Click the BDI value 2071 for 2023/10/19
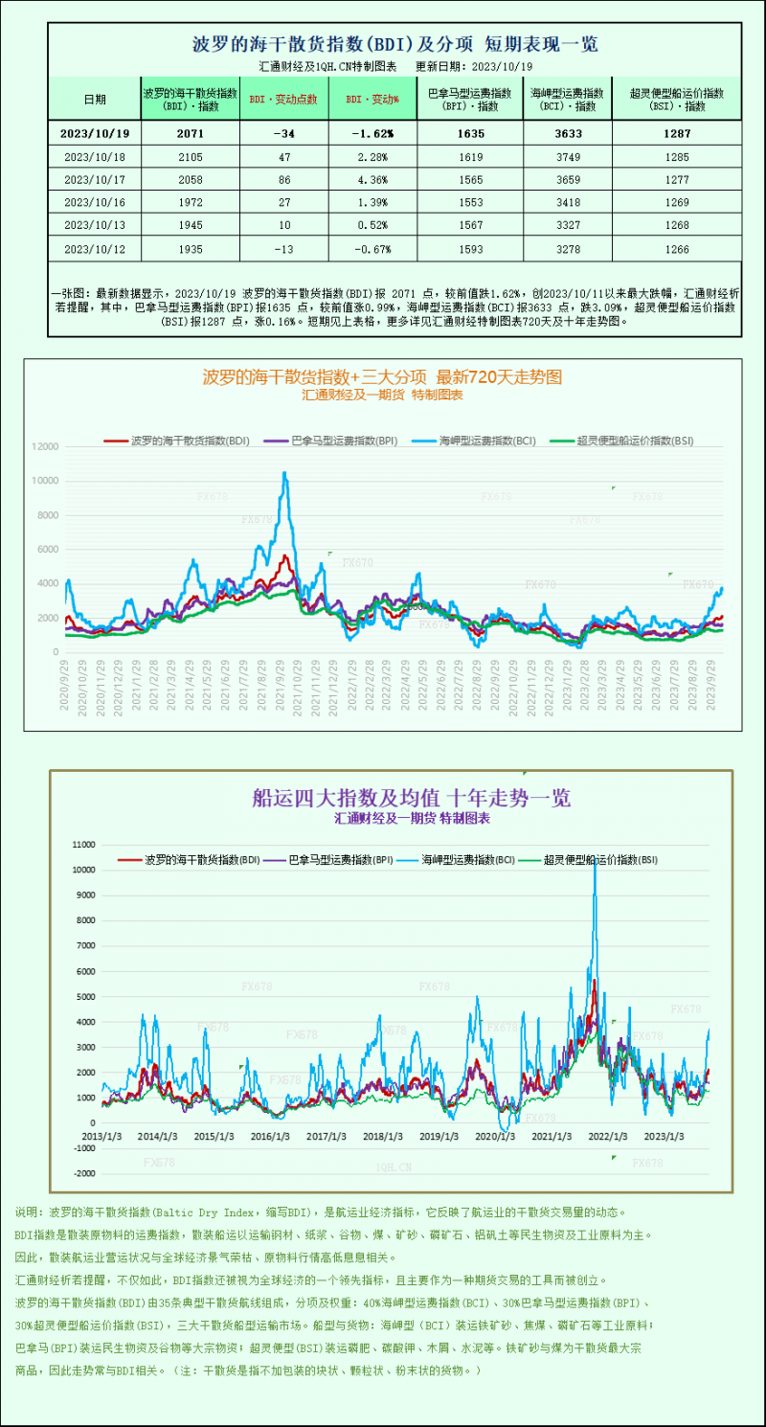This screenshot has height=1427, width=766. [x=190, y=134]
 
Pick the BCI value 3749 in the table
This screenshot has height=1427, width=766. [x=567, y=156]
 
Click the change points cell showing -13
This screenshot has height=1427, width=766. [x=282, y=247]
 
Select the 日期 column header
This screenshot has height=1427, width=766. [x=94, y=99]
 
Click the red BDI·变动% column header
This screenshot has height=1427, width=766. [x=372, y=99]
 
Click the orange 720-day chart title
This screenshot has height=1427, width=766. [x=382, y=377]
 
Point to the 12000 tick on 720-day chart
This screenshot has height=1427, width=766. [x=45, y=447]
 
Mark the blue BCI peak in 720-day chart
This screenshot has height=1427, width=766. [x=284, y=473]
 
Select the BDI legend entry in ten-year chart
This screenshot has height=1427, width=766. [x=191, y=860]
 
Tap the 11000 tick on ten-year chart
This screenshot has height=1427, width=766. [x=84, y=845]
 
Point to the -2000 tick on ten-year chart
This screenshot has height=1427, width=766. [x=84, y=1173]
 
